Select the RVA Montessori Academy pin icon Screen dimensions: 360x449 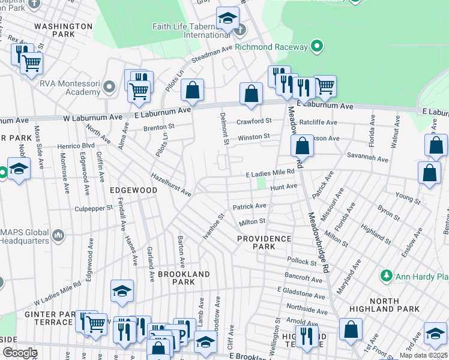109,88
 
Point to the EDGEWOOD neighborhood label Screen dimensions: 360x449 133,190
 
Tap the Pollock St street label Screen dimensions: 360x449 301,262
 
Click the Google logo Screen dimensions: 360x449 19,353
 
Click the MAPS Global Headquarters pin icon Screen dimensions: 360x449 58,235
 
